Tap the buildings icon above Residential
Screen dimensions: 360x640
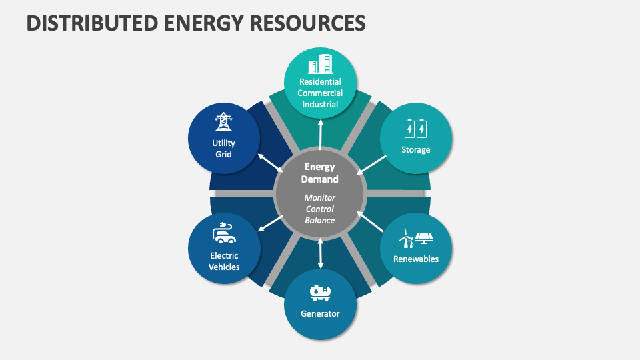(x=320, y=65)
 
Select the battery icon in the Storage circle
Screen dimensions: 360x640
(x=416, y=128)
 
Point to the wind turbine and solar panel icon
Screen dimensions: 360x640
(x=416, y=237)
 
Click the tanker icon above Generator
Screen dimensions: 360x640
(x=320, y=292)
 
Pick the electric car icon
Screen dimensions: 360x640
(x=224, y=232)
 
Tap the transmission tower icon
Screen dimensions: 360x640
(x=223, y=122)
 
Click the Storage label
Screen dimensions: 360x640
(x=416, y=150)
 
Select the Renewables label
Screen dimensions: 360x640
(x=416, y=259)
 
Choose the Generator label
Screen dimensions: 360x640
(x=320, y=313)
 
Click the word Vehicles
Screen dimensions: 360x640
(x=224, y=267)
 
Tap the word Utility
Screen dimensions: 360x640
(x=223, y=143)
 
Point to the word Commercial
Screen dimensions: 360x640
(x=320, y=93)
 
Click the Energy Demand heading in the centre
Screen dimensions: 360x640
(x=320, y=173)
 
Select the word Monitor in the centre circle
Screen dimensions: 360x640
(x=320, y=198)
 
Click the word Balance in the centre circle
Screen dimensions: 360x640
(x=320, y=220)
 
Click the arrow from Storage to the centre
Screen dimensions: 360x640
(x=371, y=165)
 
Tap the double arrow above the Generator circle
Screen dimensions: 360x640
(x=321, y=253)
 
